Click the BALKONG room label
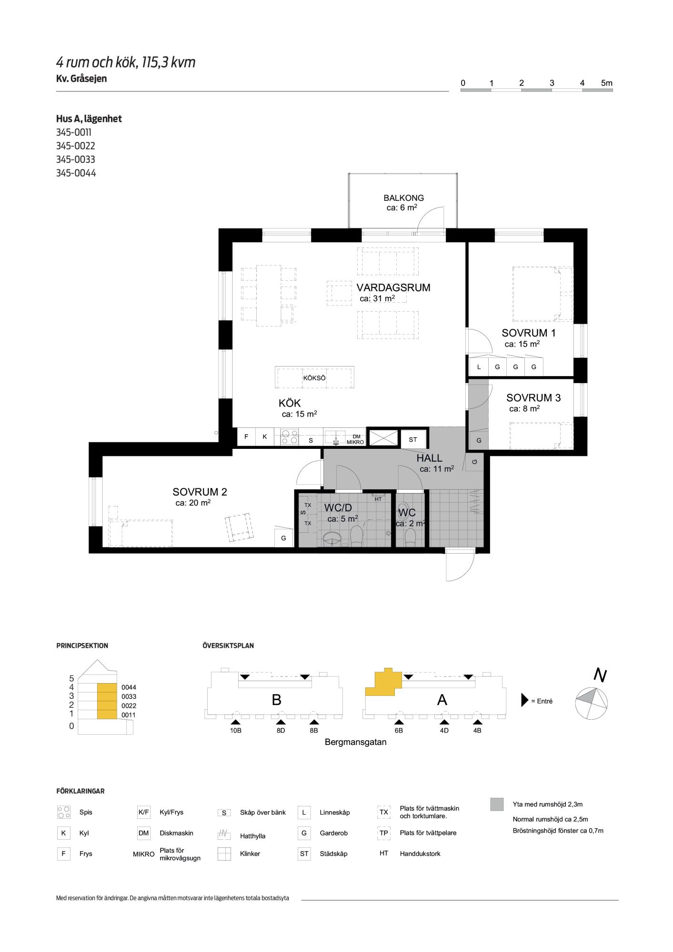tap(403, 198)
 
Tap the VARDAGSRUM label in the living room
tap(393, 288)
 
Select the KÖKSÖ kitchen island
tap(314, 377)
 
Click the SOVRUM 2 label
tap(200, 492)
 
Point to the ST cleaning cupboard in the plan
tap(412, 440)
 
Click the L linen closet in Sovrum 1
tap(479, 367)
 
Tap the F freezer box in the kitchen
tap(246, 436)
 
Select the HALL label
tap(429, 458)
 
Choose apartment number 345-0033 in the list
tap(76, 159)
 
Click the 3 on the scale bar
tap(552, 83)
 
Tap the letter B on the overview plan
tap(276, 700)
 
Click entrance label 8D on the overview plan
tap(281, 730)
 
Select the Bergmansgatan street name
tap(355, 742)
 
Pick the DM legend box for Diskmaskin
tap(143, 833)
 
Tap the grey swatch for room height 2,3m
tap(497, 804)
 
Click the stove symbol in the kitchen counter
tap(289, 437)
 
